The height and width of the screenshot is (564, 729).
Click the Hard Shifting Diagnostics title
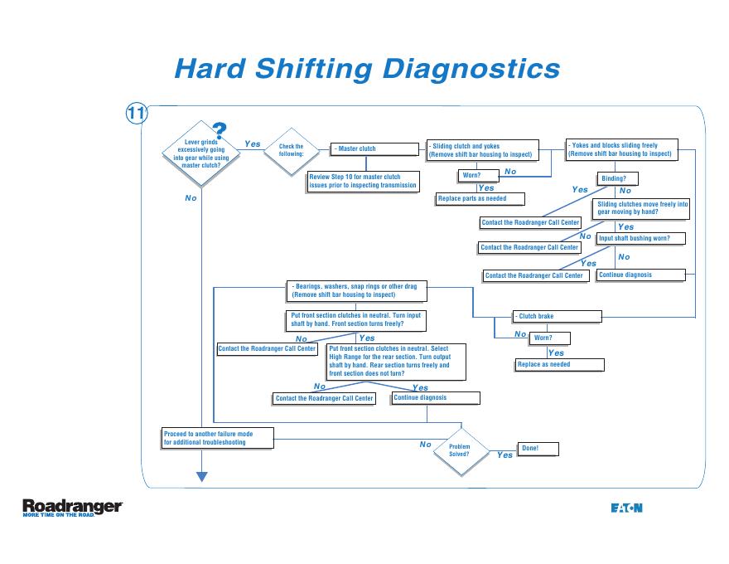[367, 67]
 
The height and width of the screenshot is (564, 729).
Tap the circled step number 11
[137, 114]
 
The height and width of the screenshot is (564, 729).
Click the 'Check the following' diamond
[291, 151]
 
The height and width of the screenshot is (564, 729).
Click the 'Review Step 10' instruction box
[363, 181]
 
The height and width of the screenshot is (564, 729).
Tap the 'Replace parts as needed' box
[481, 199]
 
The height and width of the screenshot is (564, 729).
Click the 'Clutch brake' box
[557, 317]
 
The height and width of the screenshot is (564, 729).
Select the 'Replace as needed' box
[559, 365]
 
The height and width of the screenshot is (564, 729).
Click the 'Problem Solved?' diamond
[459, 450]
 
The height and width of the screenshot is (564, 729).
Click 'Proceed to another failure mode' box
[217, 438]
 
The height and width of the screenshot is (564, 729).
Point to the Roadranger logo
[73, 508]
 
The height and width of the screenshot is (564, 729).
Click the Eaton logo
[626, 508]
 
